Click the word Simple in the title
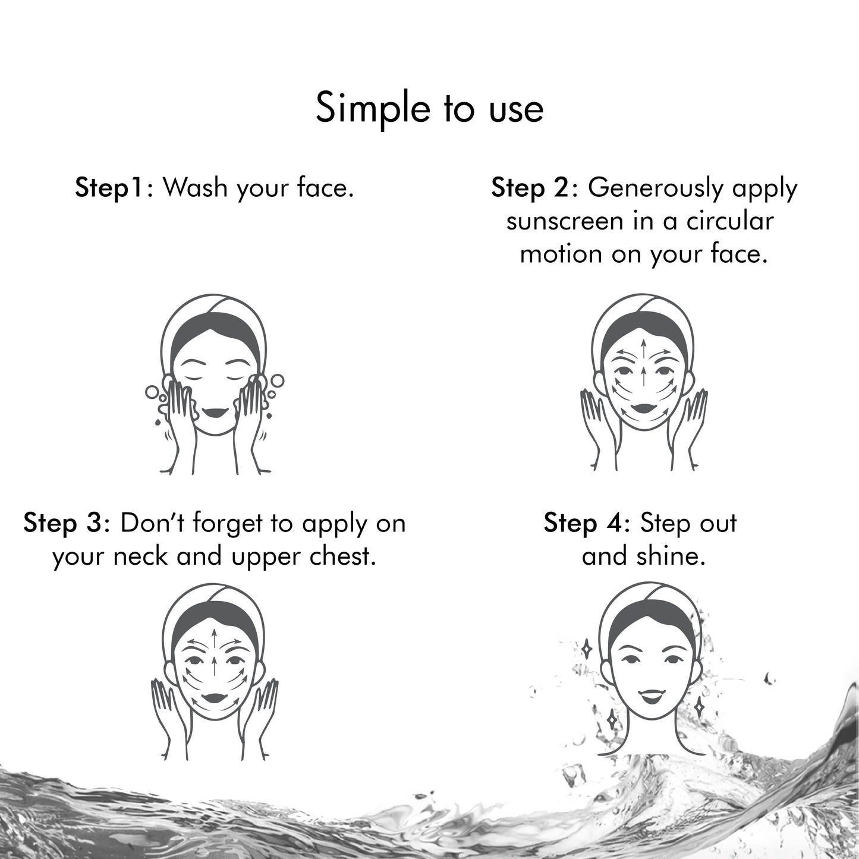[373, 108]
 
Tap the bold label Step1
[108, 188]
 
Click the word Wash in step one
[195, 187]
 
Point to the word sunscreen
[565, 222]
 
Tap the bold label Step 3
[63, 523]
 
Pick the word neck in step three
[140, 556]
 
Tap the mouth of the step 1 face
[215, 412]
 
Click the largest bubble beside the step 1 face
[277, 381]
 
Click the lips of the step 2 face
[643, 408]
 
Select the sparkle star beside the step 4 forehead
[587, 649]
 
